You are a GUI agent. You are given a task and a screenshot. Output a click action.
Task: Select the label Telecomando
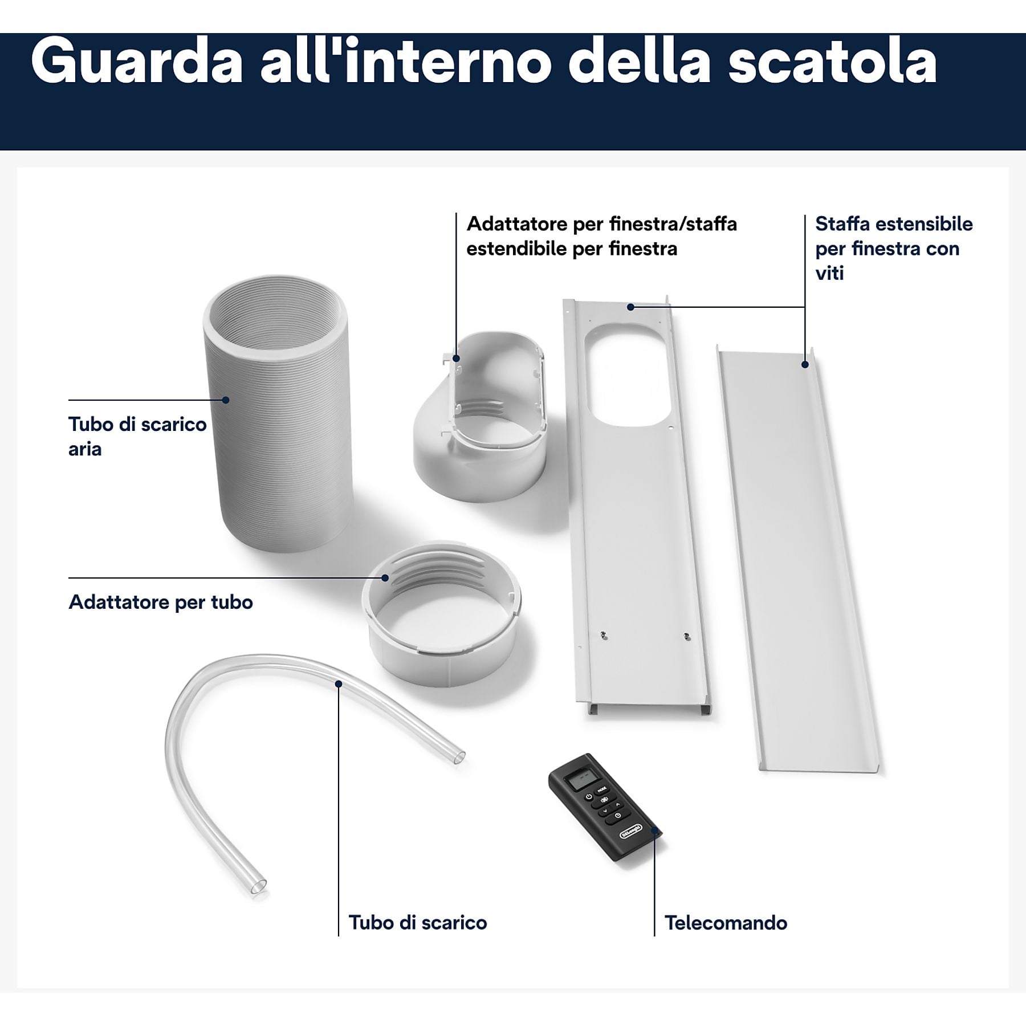tap(726, 923)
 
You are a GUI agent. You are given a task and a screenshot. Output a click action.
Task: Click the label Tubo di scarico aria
tap(137, 436)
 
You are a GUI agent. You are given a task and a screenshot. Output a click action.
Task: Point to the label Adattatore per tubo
tap(161, 602)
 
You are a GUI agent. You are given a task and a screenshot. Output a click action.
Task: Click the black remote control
tap(605, 804)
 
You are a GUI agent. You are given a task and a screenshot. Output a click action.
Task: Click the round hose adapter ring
tap(441, 614)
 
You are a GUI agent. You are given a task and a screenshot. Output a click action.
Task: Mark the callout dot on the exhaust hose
tap(226, 400)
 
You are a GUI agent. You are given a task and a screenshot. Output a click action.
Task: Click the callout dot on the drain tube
tap(338, 683)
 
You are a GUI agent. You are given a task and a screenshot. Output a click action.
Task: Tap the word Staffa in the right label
tap(842, 223)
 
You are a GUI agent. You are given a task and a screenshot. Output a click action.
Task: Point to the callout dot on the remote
tap(654, 833)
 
